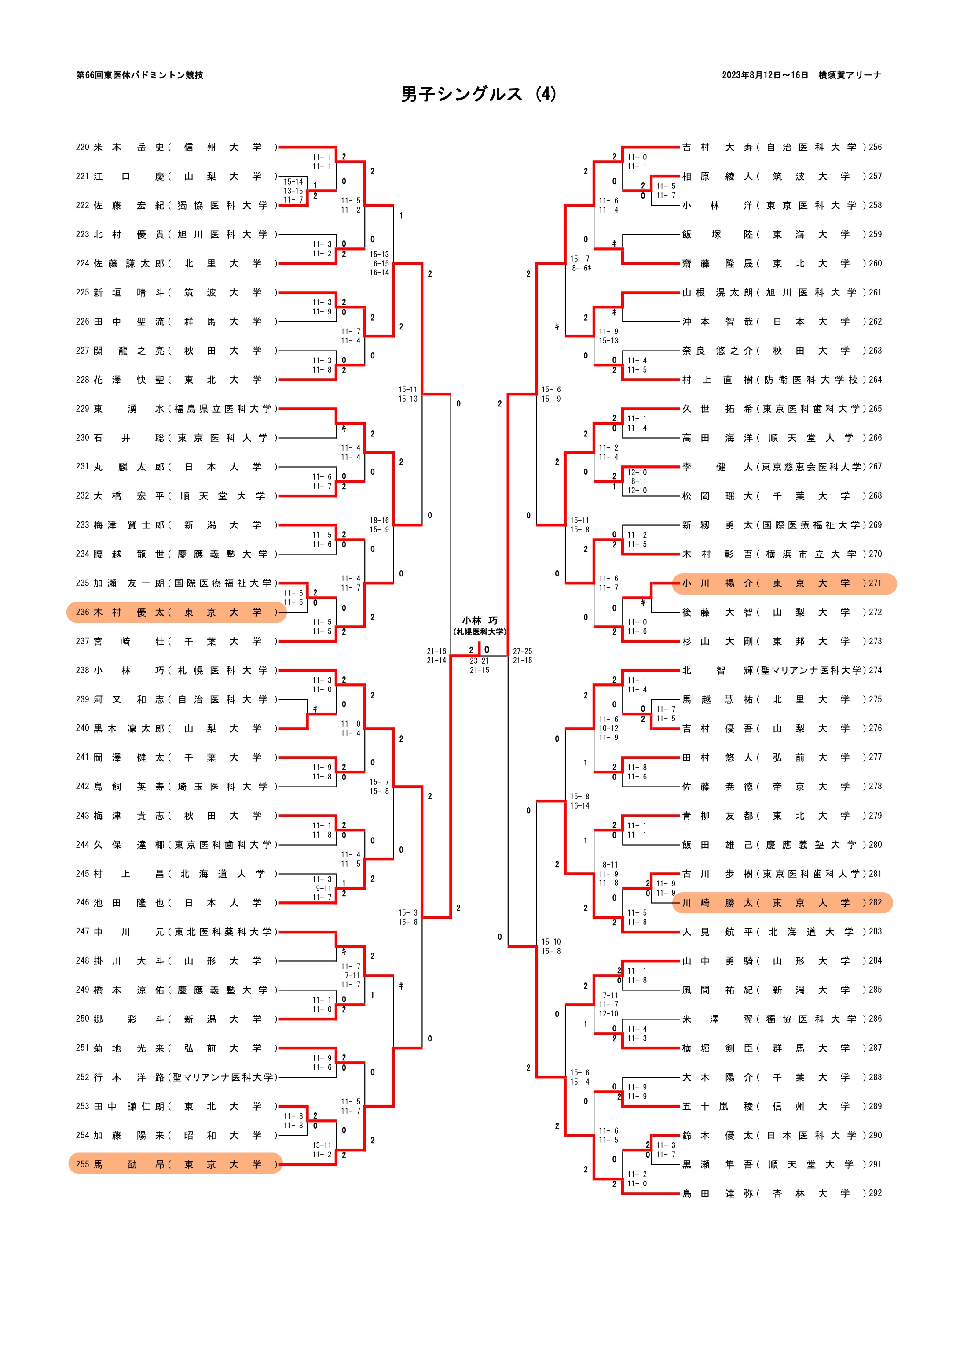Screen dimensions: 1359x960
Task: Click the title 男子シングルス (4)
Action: [x=479, y=94]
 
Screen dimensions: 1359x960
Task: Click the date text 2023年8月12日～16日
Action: [x=765, y=75]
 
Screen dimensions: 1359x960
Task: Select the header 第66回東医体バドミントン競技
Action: [x=139, y=75]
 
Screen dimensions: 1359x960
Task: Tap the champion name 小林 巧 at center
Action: [x=480, y=620]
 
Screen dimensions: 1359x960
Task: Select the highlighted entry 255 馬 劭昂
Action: [x=175, y=1164]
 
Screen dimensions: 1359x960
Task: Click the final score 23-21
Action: [x=479, y=661]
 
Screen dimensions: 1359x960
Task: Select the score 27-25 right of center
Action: [x=522, y=651]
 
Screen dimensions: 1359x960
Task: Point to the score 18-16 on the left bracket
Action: [x=379, y=520]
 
